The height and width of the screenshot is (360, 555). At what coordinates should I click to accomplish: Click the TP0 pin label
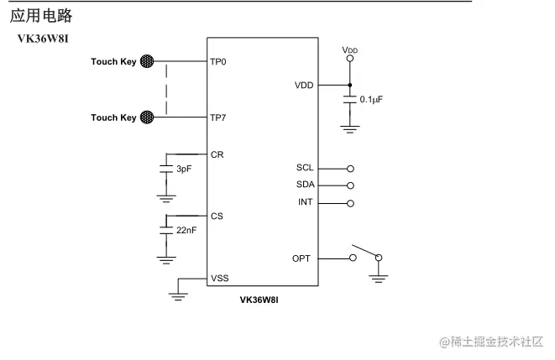click(218, 62)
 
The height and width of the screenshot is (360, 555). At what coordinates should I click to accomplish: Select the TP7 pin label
click(218, 117)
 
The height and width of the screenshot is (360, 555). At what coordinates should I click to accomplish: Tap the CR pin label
click(217, 155)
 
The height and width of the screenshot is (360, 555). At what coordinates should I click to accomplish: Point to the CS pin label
click(217, 217)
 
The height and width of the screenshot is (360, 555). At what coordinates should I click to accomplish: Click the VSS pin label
click(220, 278)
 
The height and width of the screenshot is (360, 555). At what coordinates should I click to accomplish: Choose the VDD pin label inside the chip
click(305, 86)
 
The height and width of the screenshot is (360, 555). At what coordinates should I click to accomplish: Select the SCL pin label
click(305, 168)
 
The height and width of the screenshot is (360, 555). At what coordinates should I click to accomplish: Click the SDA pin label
click(305, 185)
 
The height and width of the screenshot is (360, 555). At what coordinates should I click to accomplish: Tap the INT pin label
click(306, 202)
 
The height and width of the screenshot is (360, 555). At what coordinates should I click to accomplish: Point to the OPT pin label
click(303, 258)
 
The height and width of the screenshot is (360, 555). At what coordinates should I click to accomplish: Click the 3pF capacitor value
click(184, 169)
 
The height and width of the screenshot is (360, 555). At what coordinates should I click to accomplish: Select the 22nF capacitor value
click(186, 229)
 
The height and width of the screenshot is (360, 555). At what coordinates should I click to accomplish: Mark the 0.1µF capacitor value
click(371, 99)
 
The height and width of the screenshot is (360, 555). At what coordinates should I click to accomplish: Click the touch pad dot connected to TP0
click(148, 61)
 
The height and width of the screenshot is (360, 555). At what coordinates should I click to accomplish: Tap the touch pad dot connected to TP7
click(148, 117)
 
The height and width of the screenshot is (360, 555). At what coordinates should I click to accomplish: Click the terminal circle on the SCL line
click(350, 168)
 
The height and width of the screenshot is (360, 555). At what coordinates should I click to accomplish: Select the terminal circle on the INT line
click(350, 202)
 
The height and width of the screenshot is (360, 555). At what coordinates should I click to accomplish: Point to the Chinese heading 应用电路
click(41, 15)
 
